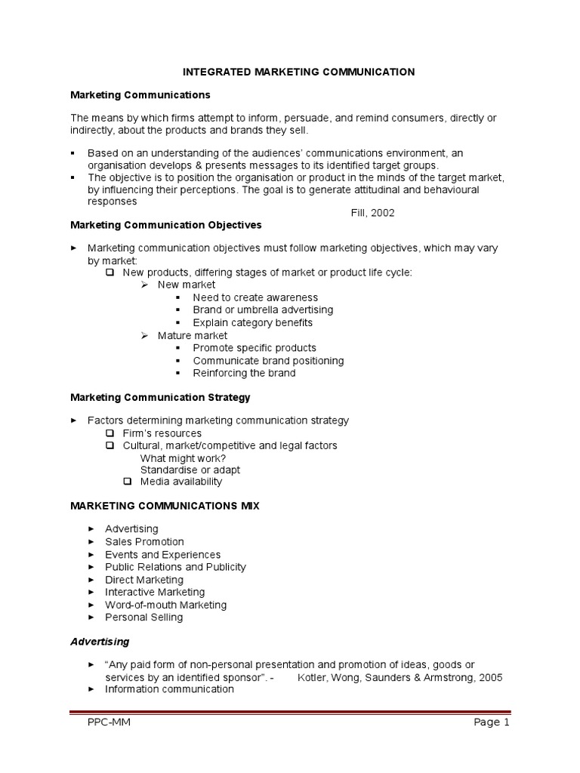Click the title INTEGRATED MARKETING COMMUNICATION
[300, 72]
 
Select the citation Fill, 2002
[372, 213]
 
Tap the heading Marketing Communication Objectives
[165, 225]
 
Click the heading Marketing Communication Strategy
[160, 396]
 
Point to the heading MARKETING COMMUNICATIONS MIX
[165, 506]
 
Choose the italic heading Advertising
[100, 642]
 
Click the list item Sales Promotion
[144, 542]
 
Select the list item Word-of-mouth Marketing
[165, 605]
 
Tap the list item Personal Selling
[143, 617]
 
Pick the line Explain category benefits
[252, 322]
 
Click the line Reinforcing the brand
[244, 373]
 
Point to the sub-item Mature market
[192, 335]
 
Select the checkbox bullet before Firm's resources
[110, 433]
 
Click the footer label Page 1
[492, 722]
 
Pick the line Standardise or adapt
[190, 470]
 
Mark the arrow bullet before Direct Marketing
[91, 580]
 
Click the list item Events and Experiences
[162, 555]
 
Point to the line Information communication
[169, 688]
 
